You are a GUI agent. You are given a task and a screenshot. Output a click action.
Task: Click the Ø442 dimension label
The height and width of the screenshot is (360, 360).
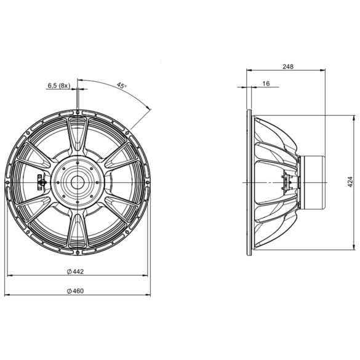(75, 271)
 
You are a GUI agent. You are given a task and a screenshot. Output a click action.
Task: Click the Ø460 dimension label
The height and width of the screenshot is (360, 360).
(75, 291)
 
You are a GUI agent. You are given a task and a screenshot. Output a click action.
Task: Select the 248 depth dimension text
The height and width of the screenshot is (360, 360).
(288, 66)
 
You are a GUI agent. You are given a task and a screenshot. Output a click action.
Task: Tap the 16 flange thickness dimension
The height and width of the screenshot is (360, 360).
(266, 84)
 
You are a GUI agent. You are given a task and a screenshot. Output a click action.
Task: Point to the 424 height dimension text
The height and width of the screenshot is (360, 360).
(350, 182)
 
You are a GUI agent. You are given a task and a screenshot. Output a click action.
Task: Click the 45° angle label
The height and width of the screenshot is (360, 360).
(121, 86)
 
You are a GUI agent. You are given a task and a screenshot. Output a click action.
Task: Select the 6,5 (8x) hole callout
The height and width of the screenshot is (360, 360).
(58, 86)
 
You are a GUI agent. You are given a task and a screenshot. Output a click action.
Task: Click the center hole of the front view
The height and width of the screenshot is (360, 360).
(78, 183)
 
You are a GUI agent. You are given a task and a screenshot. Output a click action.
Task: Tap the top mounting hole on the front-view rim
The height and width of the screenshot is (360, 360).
(78, 112)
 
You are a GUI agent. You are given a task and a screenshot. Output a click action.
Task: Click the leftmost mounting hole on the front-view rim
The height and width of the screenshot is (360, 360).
(7, 182)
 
